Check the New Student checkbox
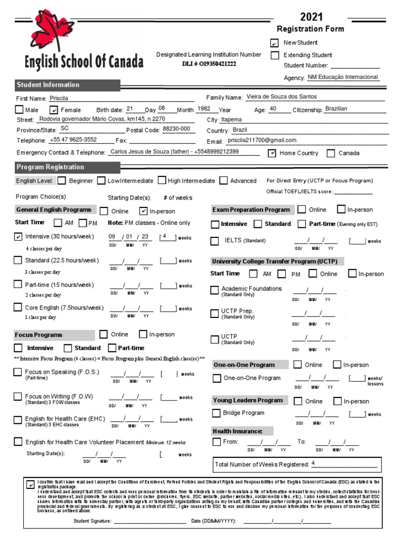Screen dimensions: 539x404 275,43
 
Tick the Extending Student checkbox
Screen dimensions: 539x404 275,55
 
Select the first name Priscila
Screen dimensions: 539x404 59,98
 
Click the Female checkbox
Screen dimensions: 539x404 54,110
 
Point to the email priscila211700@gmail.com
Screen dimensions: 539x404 261,141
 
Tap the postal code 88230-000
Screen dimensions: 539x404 176,128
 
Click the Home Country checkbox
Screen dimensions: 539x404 272,153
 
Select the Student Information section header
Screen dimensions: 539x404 48,85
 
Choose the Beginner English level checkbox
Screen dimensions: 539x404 62,181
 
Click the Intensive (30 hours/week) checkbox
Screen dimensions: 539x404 18,237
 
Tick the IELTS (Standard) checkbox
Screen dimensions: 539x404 215,241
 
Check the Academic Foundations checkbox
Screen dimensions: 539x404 215,290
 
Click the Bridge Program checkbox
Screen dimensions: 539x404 216,413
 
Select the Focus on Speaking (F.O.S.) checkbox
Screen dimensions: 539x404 18,373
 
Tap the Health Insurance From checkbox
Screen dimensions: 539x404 217,442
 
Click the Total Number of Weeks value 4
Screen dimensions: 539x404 313,464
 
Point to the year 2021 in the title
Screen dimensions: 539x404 311,17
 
